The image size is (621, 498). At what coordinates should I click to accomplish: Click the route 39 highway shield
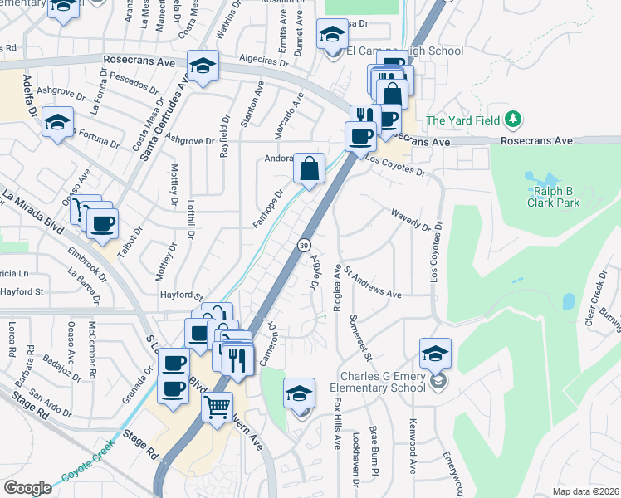point(305,245)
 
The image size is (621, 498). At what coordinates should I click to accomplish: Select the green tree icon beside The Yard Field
point(514,120)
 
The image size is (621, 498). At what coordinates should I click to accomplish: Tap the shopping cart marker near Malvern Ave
point(217,408)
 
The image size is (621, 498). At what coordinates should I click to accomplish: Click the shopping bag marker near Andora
point(309,170)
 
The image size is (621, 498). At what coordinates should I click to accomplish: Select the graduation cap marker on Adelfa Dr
point(57,124)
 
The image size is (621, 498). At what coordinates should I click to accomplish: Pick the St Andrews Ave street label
point(373,281)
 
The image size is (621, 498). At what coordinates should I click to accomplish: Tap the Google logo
point(27,488)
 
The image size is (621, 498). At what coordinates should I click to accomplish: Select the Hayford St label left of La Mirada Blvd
point(22,291)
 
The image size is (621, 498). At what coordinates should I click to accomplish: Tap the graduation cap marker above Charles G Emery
point(435,354)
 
